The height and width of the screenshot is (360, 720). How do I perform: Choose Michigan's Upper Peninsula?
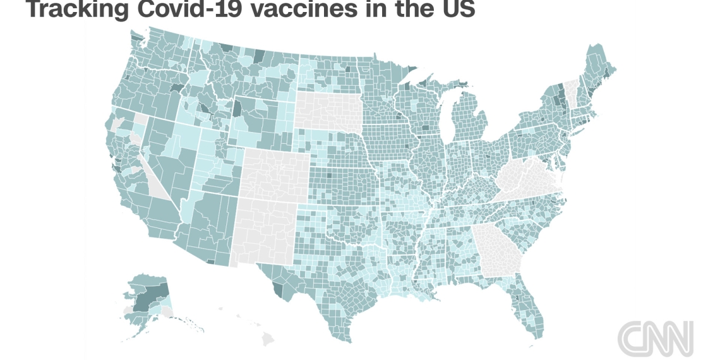coord(436,88)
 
